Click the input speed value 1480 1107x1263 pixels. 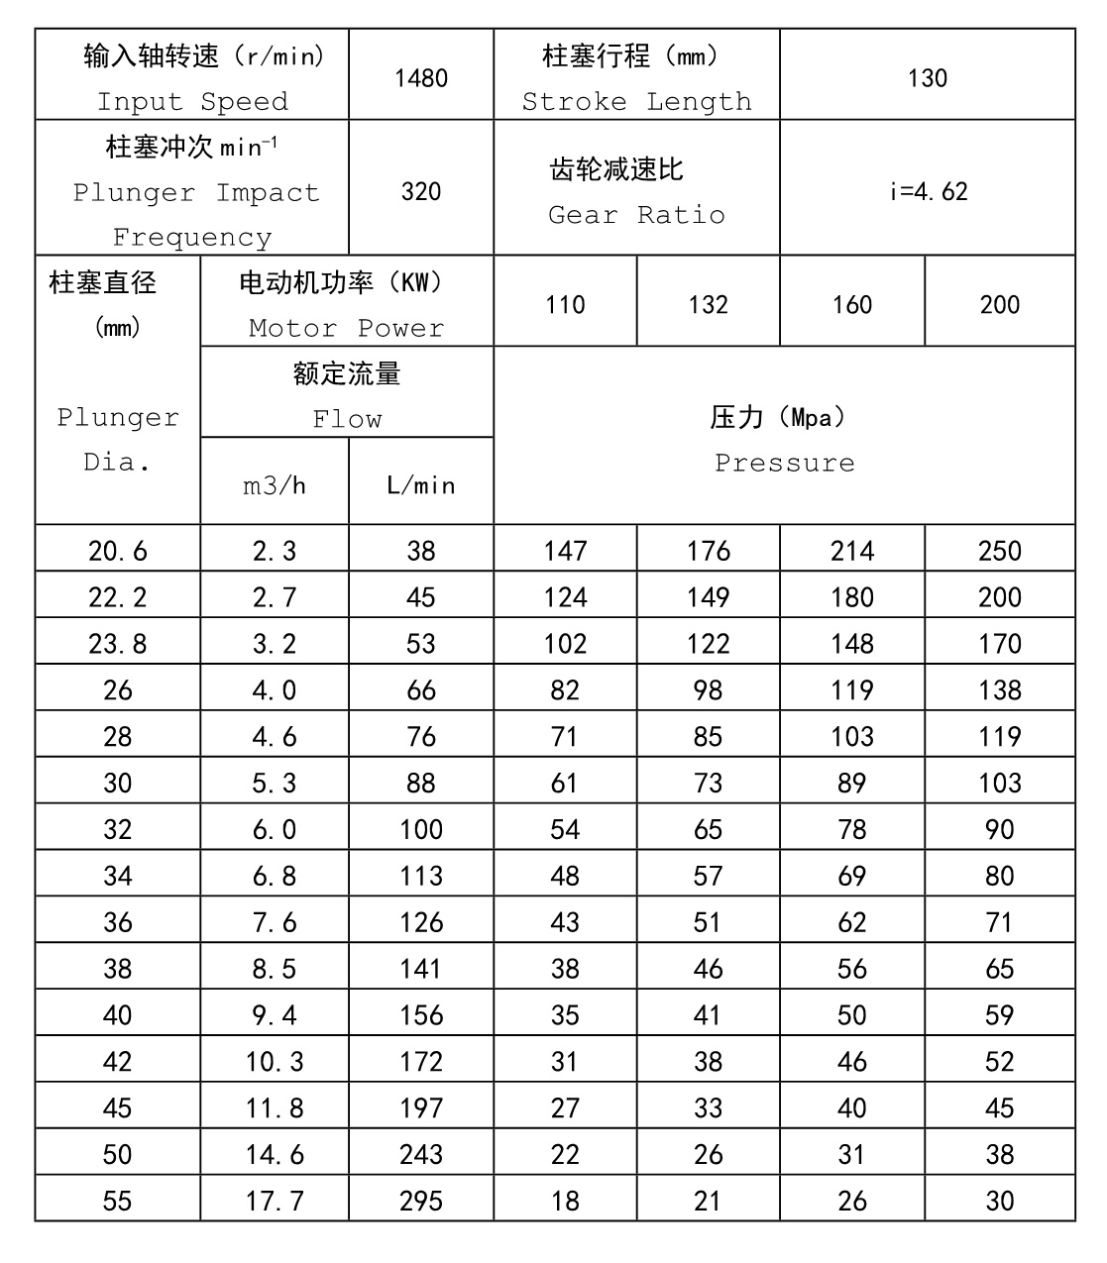421,78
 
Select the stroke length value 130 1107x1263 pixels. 927,78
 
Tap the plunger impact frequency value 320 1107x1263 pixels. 421,191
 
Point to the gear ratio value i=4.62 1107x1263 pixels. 927,191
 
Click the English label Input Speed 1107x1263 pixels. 192,102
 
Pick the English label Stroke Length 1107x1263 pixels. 636,102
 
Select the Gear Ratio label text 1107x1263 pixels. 636,215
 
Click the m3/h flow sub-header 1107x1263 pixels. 275,485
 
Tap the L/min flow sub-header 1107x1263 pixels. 421,485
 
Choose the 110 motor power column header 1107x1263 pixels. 565,304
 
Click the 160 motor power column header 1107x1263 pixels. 852,304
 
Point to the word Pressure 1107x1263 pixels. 784,463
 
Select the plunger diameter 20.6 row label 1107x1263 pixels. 117,551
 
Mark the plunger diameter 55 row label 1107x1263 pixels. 117,1201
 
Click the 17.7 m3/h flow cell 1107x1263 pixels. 275,1201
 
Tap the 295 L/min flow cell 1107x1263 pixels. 421,1201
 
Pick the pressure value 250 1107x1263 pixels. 999,551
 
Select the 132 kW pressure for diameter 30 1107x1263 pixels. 708,783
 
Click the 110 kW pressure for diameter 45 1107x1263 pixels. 565,1107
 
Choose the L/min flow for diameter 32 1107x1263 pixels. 421,829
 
